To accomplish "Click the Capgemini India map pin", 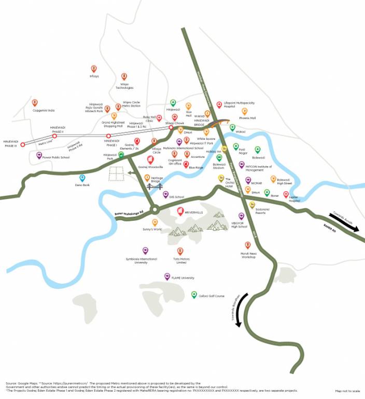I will coord(35,103).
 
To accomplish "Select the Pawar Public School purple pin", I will coord(39,155).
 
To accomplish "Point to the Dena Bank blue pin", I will coord(82,178).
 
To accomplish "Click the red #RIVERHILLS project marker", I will coord(180,211).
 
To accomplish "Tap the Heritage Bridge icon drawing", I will coord(154,186).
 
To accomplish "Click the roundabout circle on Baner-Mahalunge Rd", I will coord(154,210).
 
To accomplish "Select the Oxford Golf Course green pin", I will coord(194,295).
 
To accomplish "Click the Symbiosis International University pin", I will coord(145,250).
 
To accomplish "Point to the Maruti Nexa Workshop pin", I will coord(248,245).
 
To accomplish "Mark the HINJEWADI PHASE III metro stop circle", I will coord(22,144).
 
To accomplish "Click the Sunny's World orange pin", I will coord(155,222).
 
